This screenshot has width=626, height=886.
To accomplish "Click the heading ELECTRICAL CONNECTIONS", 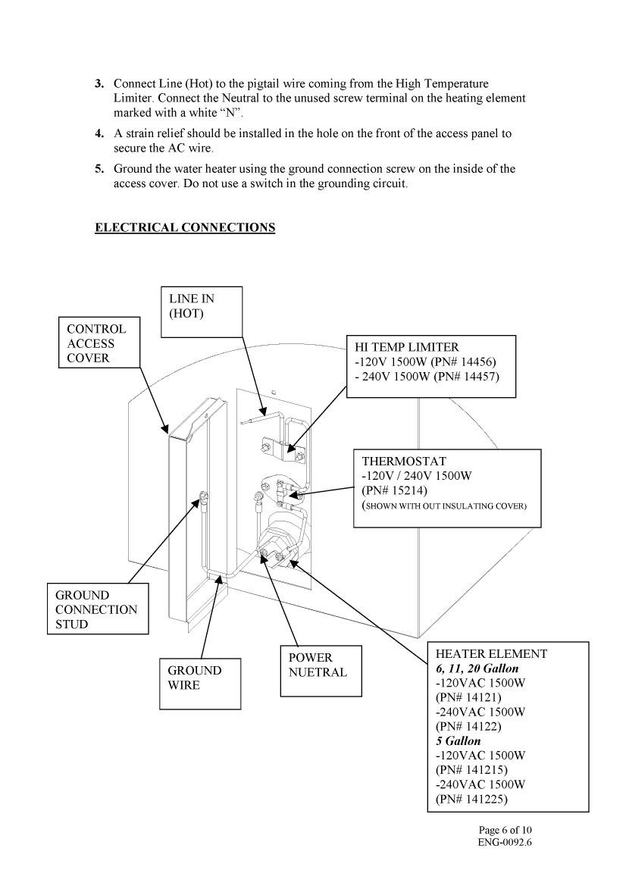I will [184, 227].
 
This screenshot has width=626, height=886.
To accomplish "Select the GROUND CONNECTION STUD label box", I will [96, 609].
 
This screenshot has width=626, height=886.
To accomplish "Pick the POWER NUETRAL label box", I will [318, 665].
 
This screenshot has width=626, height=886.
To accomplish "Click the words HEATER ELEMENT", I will [491, 653].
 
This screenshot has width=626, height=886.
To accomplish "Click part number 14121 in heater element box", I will [480, 697].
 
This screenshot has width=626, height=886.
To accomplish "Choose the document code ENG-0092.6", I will [505, 842].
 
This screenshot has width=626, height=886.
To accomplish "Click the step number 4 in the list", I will [99, 133].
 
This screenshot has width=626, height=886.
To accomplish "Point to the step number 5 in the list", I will [99, 169].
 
